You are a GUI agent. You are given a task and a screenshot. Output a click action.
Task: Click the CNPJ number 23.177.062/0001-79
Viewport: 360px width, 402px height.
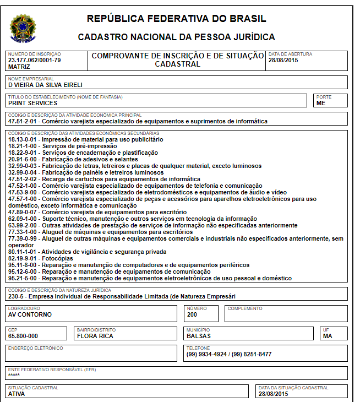[x=34, y=60]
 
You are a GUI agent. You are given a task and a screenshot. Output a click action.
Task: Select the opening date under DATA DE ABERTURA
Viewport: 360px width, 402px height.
[x=283, y=60]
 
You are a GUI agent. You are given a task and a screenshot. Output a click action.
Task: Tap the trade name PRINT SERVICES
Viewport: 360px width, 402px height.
[x=32, y=103]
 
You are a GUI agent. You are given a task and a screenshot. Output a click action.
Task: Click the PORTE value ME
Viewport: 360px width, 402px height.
[x=321, y=103]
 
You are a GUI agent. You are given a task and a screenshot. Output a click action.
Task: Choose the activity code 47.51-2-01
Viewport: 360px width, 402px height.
[x=24, y=121]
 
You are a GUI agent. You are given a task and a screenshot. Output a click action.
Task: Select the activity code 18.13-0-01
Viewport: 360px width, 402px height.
[x=24, y=139]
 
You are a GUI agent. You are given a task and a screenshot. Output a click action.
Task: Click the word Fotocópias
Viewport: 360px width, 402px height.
[x=58, y=258]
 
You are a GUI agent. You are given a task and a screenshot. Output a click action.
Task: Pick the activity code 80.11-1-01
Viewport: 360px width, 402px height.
[x=24, y=252]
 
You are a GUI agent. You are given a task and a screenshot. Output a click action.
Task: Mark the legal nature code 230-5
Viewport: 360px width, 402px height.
[x=17, y=296]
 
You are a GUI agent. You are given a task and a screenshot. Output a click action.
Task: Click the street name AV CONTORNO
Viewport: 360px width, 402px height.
[x=30, y=314]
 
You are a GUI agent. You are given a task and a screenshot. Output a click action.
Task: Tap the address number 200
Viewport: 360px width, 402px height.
[x=192, y=314]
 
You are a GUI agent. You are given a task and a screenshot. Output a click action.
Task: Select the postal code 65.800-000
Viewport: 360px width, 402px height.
[x=23, y=335]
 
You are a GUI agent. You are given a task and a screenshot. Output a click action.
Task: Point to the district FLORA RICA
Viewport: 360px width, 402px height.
[x=95, y=335]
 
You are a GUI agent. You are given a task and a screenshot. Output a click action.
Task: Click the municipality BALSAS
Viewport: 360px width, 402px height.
[x=199, y=335]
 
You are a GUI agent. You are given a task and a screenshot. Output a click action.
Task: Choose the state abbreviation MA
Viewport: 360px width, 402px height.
[x=328, y=335]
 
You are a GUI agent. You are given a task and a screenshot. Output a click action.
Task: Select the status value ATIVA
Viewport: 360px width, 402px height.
[x=17, y=394]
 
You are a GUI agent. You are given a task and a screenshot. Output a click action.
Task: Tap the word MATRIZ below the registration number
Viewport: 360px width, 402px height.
[x=19, y=66]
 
